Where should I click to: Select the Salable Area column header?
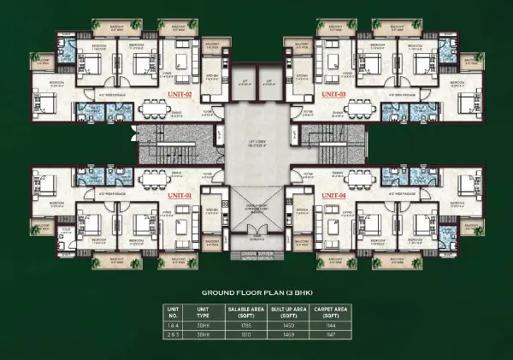click(x=239, y=310)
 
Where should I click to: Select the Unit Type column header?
click(x=203, y=310)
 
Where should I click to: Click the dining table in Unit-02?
click(x=153, y=109)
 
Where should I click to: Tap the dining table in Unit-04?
click(x=359, y=177)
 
